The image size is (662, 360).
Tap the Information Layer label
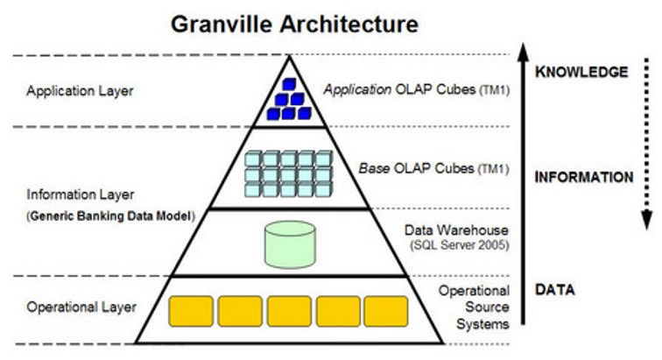coord(74,194)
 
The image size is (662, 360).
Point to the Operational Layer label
coord(81,307)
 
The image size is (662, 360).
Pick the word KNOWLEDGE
coord(581,72)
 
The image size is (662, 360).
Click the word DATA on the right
coord(557,290)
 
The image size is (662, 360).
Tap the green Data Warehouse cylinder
coord(289,243)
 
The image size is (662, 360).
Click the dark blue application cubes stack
coord(288,98)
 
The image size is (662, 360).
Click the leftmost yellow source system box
coord(190,311)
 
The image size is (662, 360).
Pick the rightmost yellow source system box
coord(385,311)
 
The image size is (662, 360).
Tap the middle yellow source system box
coord(288,311)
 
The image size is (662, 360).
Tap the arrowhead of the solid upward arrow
coord(523,49)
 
